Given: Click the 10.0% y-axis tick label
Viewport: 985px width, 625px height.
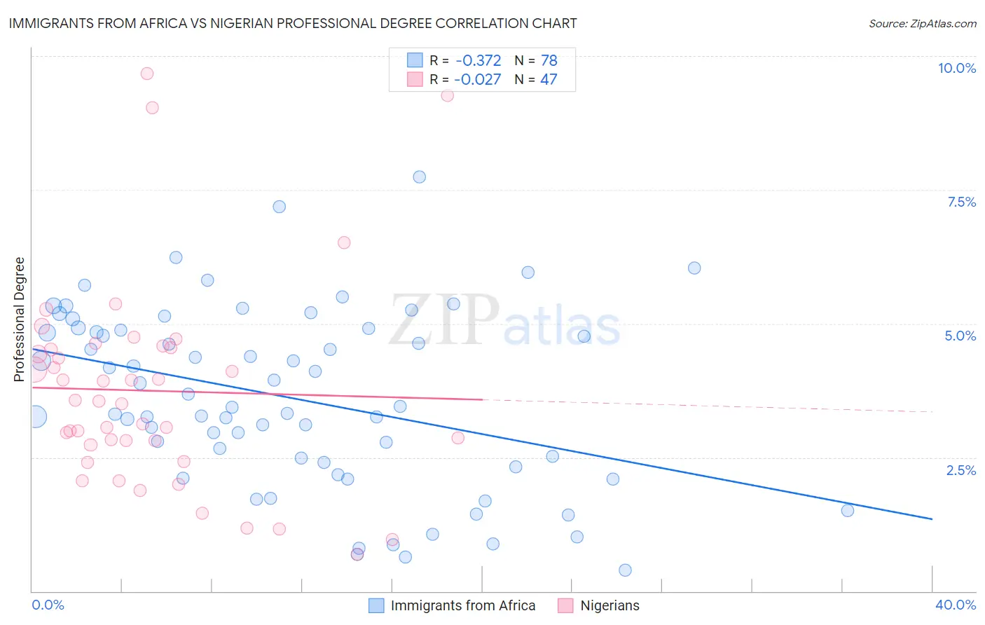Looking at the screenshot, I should click(x=956, y=68).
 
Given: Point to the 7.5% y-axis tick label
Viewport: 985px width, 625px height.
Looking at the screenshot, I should click(x=961, y=202).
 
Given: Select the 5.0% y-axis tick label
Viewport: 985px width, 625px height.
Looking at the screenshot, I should click(x=960, y=336).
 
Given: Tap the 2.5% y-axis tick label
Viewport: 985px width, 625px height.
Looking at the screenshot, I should click(x=960, y=470).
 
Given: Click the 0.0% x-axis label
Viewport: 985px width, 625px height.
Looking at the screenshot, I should click(x=48, y=605).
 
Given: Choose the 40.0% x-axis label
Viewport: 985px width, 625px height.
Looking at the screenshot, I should click(x=955, y=605).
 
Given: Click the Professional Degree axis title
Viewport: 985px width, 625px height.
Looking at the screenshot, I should click(x=19, y=320).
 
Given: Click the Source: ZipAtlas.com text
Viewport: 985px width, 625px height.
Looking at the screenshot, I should click(x=922, y=24).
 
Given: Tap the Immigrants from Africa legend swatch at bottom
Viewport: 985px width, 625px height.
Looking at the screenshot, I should click(x=376, y=605).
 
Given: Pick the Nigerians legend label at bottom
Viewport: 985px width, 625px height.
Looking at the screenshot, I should click(x=609, y=605).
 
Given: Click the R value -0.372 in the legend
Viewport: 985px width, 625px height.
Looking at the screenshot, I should click(x=478, y=61).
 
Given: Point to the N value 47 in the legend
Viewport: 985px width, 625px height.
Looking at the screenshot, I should click(x=549, y=79).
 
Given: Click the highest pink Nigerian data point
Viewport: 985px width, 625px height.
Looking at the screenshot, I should click(x=146, y=74).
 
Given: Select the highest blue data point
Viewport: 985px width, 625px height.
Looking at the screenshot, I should click(x=419, y=177).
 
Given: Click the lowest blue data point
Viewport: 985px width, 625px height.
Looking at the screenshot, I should click(x=625, y=570).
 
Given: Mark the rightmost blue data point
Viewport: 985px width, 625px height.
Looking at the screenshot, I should click(x=847, y=510).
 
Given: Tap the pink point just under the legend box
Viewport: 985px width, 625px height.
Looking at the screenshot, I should click(x=447, y=95).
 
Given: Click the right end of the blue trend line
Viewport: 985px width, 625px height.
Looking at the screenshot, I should click(x=932, y=518).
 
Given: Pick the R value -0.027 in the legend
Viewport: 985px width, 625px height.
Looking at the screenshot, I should click(x=478, y=79).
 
